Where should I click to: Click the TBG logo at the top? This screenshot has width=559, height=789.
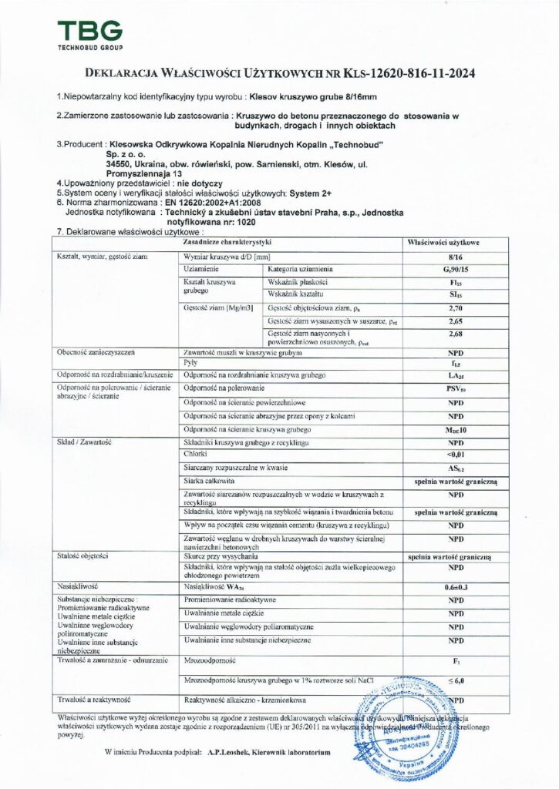coord(89,35)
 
